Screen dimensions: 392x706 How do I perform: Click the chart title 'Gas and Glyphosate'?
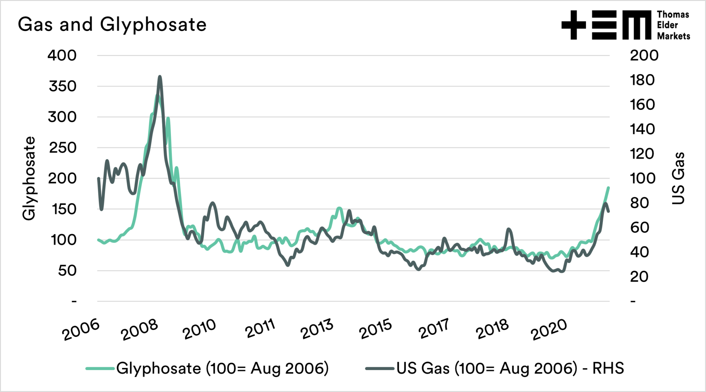pos(112,25)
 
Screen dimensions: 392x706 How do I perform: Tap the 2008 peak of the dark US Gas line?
pos(160,77)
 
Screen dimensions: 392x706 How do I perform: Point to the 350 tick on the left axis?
pos(62,86)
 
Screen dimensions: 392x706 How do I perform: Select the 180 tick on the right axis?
pos(642,80)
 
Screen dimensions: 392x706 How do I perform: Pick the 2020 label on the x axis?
pos(549,329)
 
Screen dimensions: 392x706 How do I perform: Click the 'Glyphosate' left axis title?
pos(29,178)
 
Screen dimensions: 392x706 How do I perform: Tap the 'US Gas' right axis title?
pos(678,178)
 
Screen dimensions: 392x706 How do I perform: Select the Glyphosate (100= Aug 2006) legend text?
pos(222,368)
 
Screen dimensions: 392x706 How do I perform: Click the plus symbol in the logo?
pos(574,25)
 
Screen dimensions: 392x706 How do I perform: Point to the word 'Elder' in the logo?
pos(667,25)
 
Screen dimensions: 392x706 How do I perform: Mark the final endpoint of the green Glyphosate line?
pos(608,188)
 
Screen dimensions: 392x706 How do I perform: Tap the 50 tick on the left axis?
pos(67,271)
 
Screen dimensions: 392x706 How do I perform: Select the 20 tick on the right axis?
pos(639,277)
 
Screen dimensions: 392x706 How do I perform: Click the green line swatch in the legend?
pos(100,369)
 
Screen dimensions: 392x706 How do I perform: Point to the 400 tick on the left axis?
pos(62,55)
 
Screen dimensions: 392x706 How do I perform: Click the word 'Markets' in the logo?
pos(673,36)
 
